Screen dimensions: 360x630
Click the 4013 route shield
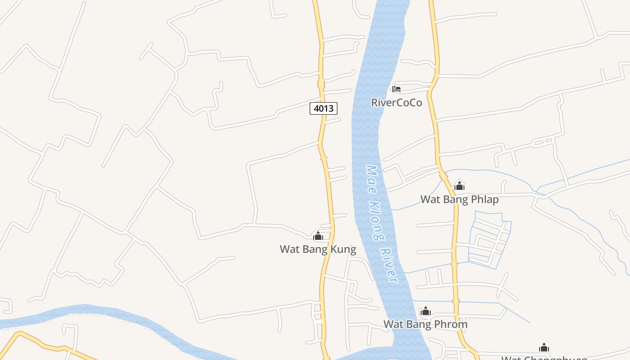[324, 108]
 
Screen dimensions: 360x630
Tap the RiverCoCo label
[396, 103]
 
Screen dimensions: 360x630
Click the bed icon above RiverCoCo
[396, 89]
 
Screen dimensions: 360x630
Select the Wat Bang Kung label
[318, 249]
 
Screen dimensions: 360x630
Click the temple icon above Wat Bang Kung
[318, 236]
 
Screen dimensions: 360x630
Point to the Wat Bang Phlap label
[459, 199]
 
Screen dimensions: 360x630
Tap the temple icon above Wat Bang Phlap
[459, 186]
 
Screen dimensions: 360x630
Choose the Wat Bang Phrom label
[425, 324]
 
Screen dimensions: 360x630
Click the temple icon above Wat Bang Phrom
[425, 311]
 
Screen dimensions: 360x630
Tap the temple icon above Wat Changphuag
[544, 347]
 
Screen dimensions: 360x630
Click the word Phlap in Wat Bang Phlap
[485, 199]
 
